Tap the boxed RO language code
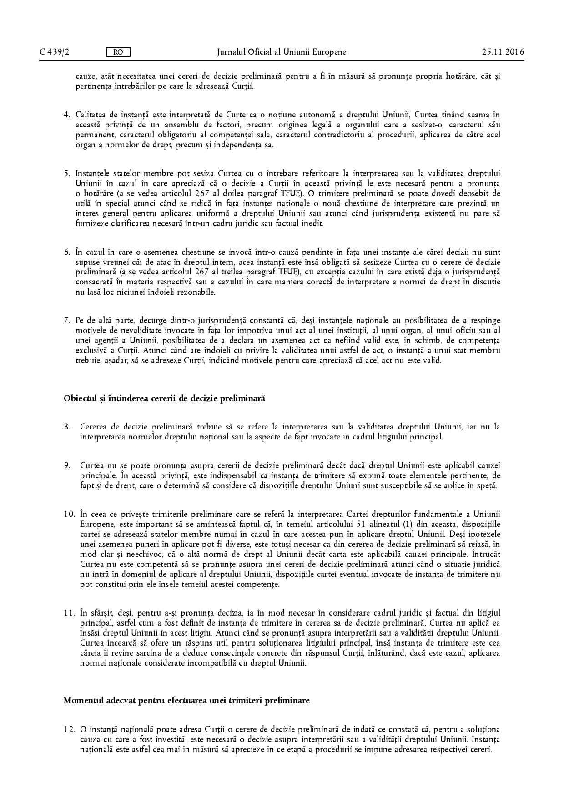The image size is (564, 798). [x=118, y=52]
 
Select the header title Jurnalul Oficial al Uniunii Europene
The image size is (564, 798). [x=282, y=52]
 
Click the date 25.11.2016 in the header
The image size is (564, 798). [x=503, y=52]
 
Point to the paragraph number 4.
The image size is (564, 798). [x=66, y=114]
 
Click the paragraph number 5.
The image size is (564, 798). [x=66, y=173]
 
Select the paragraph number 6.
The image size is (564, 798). [x=66, y=252]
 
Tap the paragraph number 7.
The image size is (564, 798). [x=66, y=320]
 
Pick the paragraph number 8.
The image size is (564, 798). [x=66, y=427]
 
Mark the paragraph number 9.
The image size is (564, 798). [x=66, y=465]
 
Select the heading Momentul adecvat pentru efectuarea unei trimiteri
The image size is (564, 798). [x=186, y=701]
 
